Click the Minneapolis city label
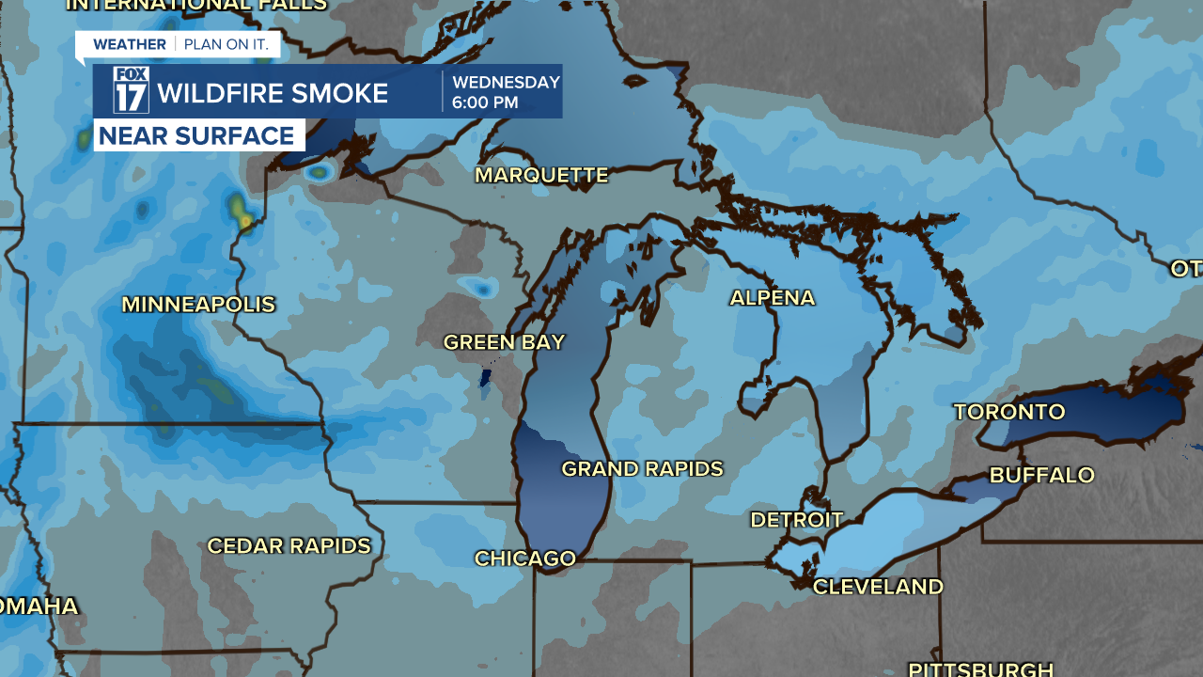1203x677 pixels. (x=198, y=305)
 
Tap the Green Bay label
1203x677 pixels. (x=504, y=342)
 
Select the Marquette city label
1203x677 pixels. (x=541, y=175)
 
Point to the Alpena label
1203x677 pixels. (x=772, y=298)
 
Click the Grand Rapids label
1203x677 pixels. (x=642, y=468)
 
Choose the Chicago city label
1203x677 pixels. (x=524, y=559)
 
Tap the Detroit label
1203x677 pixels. (x=796, y=520)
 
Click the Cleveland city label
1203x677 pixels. (x=878, y=587)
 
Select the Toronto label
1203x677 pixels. (x=1009, y=412)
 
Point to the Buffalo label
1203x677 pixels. (x=1041, y=475)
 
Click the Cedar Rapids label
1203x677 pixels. (x=289, y=546)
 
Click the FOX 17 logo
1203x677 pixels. (x=132, y=90)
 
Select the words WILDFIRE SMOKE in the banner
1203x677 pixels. (x=273, y=93)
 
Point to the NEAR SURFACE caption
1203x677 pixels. (x=196, y=135)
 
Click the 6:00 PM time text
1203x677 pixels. (x=485, y=102)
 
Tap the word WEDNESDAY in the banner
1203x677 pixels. (x=506, y=82)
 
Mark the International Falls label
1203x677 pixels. (x=195, y=5)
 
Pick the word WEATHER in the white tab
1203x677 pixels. (x=129, y=44)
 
